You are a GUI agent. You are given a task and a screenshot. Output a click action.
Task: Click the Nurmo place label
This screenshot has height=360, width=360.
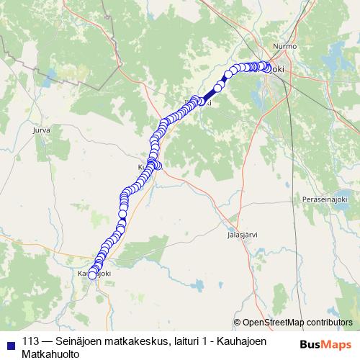tap(279, 45)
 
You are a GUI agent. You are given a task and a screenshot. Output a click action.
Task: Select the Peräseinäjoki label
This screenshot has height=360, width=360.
tap(325, 198)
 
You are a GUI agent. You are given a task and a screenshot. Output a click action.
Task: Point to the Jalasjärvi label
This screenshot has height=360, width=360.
tap(242, 235)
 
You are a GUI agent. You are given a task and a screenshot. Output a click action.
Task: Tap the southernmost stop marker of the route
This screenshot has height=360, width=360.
tap(91, 274)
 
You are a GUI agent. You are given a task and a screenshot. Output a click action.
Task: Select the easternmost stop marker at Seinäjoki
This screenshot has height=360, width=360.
tap(269, 69)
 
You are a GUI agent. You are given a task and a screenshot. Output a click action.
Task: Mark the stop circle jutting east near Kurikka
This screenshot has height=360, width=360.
tap(158, 166)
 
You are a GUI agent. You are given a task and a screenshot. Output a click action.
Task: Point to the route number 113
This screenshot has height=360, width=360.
tap(32, 341)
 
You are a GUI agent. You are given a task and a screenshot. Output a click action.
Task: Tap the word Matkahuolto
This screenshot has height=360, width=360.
tap(50, 354)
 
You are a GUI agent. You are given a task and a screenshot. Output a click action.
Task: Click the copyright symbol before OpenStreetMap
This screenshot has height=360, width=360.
tap(238, 323)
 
